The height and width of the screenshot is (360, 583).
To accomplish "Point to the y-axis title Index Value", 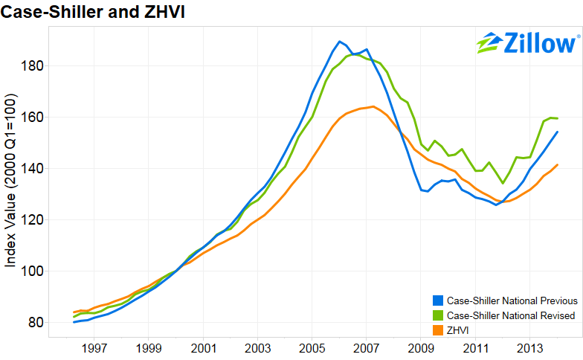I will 12,181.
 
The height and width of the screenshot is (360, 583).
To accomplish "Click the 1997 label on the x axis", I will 94,348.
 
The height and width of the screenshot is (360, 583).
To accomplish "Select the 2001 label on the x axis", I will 203,348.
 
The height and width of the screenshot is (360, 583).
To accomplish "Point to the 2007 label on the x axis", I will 367,348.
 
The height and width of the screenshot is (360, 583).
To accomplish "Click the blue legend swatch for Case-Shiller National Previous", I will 438,300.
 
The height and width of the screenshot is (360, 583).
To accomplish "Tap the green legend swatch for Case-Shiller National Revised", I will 438,315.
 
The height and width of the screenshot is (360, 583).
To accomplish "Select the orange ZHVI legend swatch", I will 438,330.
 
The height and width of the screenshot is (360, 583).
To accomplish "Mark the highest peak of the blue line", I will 340,42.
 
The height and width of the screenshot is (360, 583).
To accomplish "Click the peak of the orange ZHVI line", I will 373,106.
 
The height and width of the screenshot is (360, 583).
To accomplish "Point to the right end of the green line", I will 558,119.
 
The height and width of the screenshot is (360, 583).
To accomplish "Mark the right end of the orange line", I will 558,165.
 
